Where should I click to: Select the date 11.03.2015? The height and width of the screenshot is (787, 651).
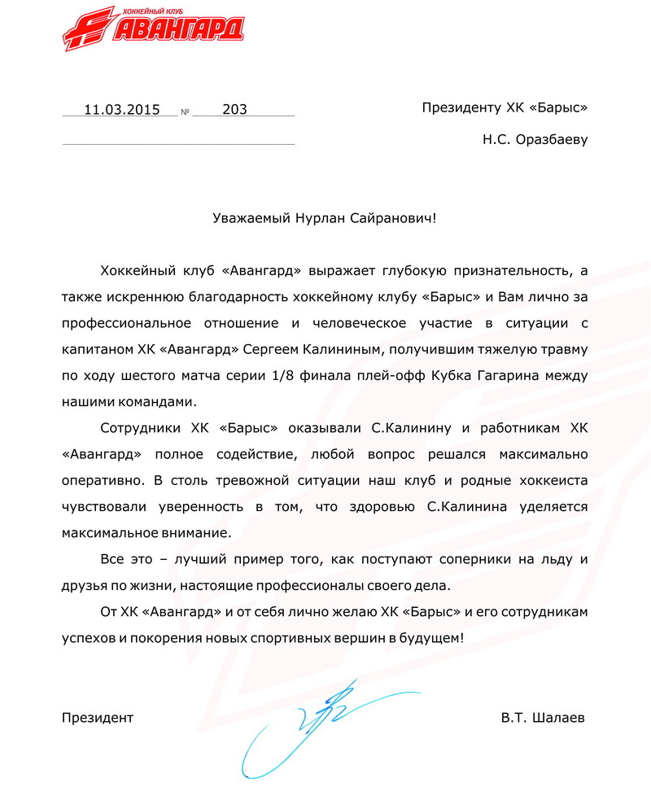tap(121, 109)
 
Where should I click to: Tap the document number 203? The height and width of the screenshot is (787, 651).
tap(234, 109)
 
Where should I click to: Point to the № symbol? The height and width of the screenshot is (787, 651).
tap(185, 111)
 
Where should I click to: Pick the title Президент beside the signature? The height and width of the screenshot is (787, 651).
tap(98, 718)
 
